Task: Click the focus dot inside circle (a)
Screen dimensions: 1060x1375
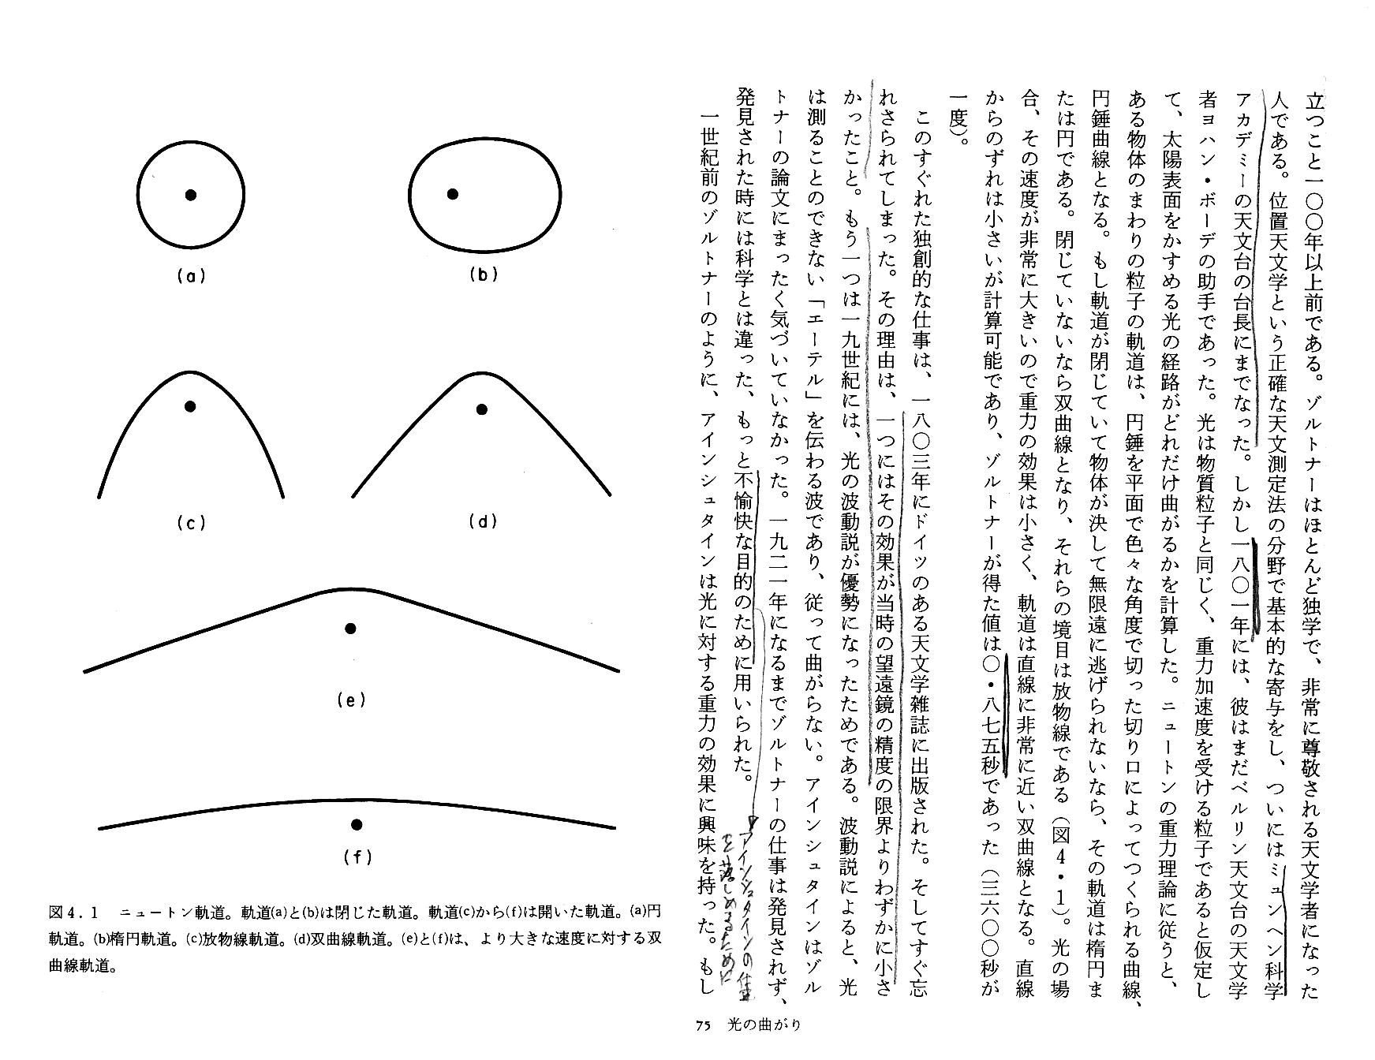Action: [x=190, y=195]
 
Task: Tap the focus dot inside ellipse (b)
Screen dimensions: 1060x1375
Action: [x=452, y=194]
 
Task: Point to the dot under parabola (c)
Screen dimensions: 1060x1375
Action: [x=189, y=406]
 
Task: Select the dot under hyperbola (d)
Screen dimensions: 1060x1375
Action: [x=481, y=409]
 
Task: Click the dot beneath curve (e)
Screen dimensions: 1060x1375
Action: [x=351, y=629]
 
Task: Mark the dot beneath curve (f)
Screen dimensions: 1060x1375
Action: [x=357, y=825]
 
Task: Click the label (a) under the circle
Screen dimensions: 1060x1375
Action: [x=190, y=276]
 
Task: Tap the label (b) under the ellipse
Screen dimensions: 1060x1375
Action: [x=483, y=274]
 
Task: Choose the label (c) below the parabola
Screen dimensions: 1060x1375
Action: [x=190, y=522]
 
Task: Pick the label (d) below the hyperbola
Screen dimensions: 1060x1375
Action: [x=481, y=521]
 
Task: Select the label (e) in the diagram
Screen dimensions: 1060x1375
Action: [x=350, y=700]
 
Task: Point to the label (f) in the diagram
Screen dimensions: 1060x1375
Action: [x=357, y=857]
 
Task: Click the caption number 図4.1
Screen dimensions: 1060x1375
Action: [x=73, y=913]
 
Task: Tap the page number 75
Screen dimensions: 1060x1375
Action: [x=704, y=1025]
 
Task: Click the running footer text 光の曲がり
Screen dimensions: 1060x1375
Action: [x=762, y=1025]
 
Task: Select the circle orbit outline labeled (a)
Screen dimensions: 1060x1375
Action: [x=138, y=195]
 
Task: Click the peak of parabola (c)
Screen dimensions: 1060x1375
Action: [x=189, y=372]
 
